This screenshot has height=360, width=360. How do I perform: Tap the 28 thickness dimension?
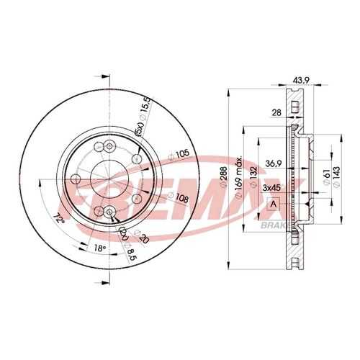point(276,112)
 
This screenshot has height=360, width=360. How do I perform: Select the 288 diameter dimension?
point(224,177)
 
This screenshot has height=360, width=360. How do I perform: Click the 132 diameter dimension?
point(253,177)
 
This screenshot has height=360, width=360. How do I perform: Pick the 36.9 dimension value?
point(274,163)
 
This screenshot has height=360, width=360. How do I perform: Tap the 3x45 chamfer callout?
point(272,188)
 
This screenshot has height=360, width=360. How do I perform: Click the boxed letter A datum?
point(274,204)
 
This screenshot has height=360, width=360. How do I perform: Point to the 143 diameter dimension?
point(336,177)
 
